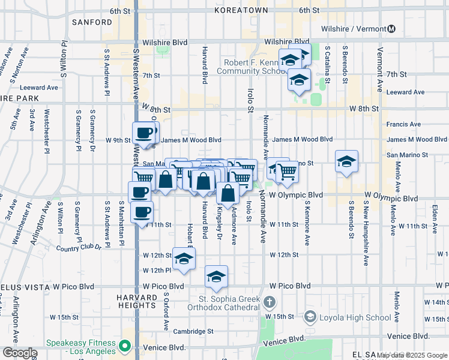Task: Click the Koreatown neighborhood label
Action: (x=242, y=10)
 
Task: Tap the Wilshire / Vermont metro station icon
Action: (x=391, y=28)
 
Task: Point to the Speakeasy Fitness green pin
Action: (x=125, y=346)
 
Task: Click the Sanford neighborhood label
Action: (x=92, y=22)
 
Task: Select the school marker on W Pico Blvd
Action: (x=216, y=277)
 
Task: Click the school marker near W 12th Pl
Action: (x=184, y=259)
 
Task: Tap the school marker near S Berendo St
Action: (x=346, y=161)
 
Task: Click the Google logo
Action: (x=19, y=353)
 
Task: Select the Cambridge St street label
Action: (x=193, y=331)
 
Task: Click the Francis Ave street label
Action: (x=403, y=125)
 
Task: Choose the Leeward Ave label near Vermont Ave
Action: (x=405, y=92)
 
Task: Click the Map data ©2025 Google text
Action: (x=412, y=355)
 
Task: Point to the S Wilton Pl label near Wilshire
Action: (x=63, y=60)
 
